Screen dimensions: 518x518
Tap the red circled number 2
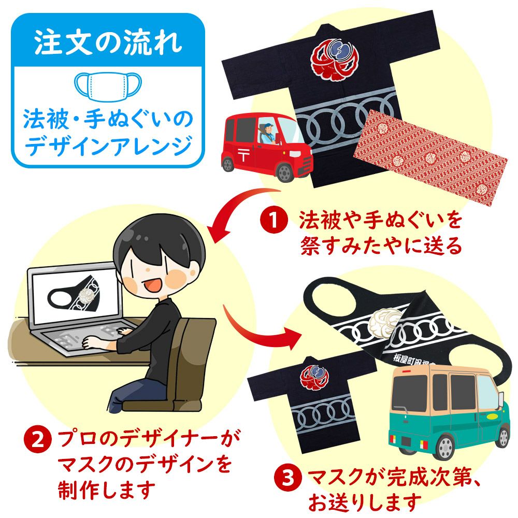click(x=37, y=441)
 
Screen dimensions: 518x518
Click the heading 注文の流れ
click(x=108, y=43)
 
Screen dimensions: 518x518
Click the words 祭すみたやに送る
click(x=381, y=245)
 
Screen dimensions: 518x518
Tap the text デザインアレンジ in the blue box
click(x=108, y=147)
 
